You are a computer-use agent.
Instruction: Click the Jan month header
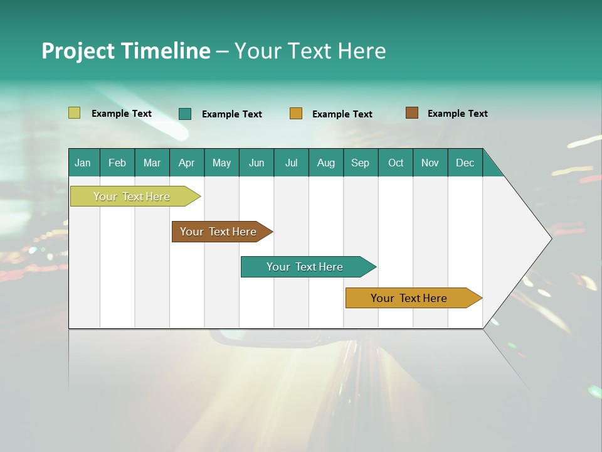point(83,163)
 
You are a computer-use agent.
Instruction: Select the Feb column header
point(117,163)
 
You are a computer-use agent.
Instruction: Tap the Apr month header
point(187,163)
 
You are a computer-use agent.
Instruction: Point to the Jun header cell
point(256,163)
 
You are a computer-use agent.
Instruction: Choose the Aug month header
point(326,163)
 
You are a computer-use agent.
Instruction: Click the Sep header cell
point(361,163)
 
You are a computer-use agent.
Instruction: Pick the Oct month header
point(396,163)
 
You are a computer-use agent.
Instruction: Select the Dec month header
point(465,163)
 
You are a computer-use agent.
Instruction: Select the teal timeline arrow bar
point(305,267)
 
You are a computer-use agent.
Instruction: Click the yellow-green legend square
point(74,113)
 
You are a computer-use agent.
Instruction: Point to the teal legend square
point(185,114)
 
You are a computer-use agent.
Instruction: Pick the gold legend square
point(296,114)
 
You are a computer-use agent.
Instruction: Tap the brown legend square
point(411,113)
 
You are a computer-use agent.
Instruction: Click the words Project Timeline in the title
point(125,51)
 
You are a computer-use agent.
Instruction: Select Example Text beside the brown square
point(457,114)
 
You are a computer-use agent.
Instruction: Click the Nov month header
point(430,163)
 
